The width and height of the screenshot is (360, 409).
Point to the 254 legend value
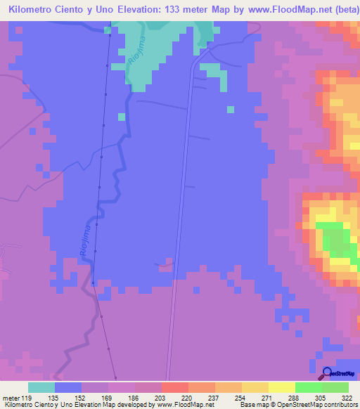[240, 397]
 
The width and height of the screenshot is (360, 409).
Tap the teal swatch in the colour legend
[41, 387]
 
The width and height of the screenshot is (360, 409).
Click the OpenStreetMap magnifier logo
[326, 372]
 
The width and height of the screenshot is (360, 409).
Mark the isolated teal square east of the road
[230, 109]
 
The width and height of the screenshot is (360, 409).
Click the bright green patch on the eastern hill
[335, 245]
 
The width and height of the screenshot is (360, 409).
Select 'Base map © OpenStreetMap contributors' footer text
[297, 405]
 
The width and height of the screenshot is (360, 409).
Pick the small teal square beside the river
[122, 116]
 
